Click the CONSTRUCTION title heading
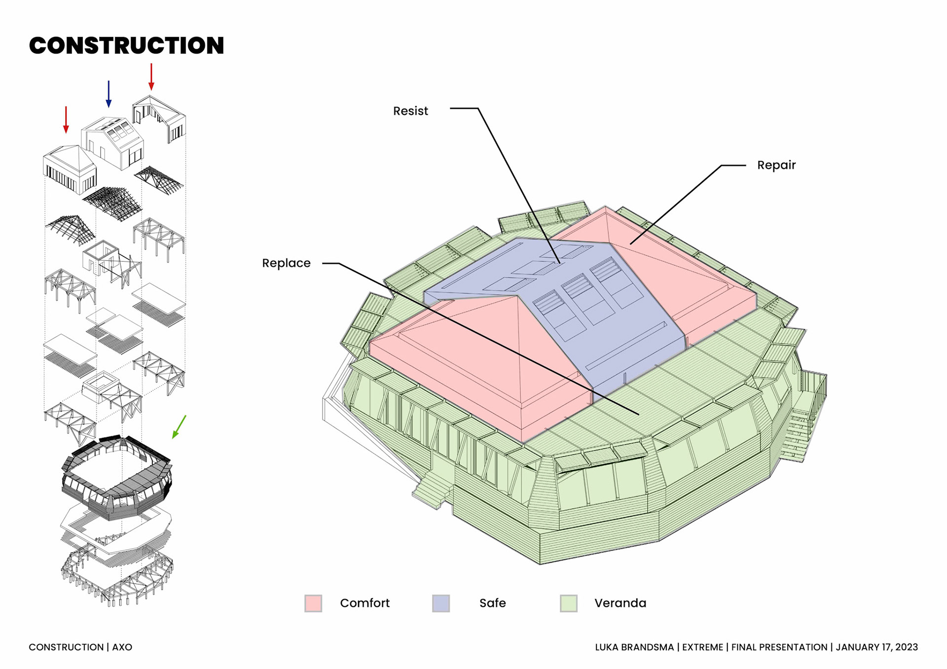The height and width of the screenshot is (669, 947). [126, 45]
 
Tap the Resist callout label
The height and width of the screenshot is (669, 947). [410, 111]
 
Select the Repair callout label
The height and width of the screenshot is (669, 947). [776, 165]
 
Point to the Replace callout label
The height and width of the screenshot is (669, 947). [286, 263]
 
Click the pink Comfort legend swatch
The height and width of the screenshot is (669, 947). [313, 603]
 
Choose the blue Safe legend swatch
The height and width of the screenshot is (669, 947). [441, 603]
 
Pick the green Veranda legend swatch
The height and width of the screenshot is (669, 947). [569, 603]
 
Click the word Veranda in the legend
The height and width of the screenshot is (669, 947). [620, 603]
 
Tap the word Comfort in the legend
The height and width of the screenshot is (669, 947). [364, 603]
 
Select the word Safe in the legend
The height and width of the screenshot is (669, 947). [492, 603]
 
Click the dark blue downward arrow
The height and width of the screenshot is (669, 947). [109, 94]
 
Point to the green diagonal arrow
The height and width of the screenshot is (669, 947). [179, 426]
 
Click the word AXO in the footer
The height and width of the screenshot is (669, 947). [122, 647]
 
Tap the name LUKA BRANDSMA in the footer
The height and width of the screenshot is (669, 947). [634, 647]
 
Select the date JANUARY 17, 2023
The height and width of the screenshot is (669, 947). [876, 647]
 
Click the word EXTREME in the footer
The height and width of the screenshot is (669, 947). [702, 647]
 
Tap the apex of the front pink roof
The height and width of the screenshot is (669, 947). [517, 296]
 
